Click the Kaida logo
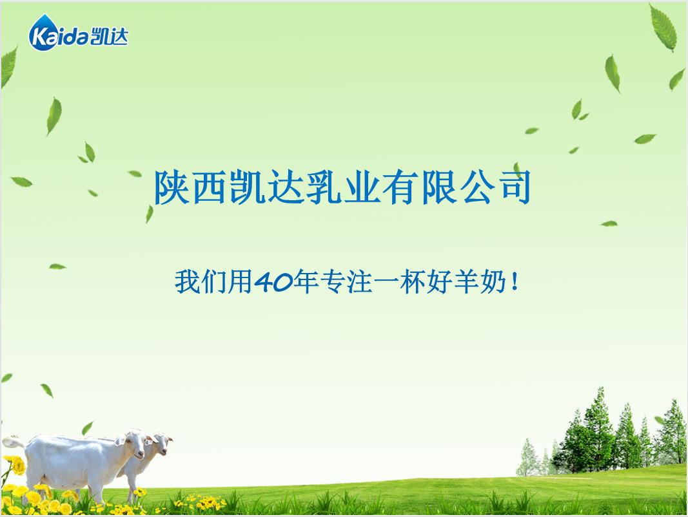(78, 35)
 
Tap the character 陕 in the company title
(172, 187)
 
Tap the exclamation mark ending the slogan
(513, 283)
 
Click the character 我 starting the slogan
(186, 283)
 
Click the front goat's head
(133, 444)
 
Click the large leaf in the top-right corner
(663, 27)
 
